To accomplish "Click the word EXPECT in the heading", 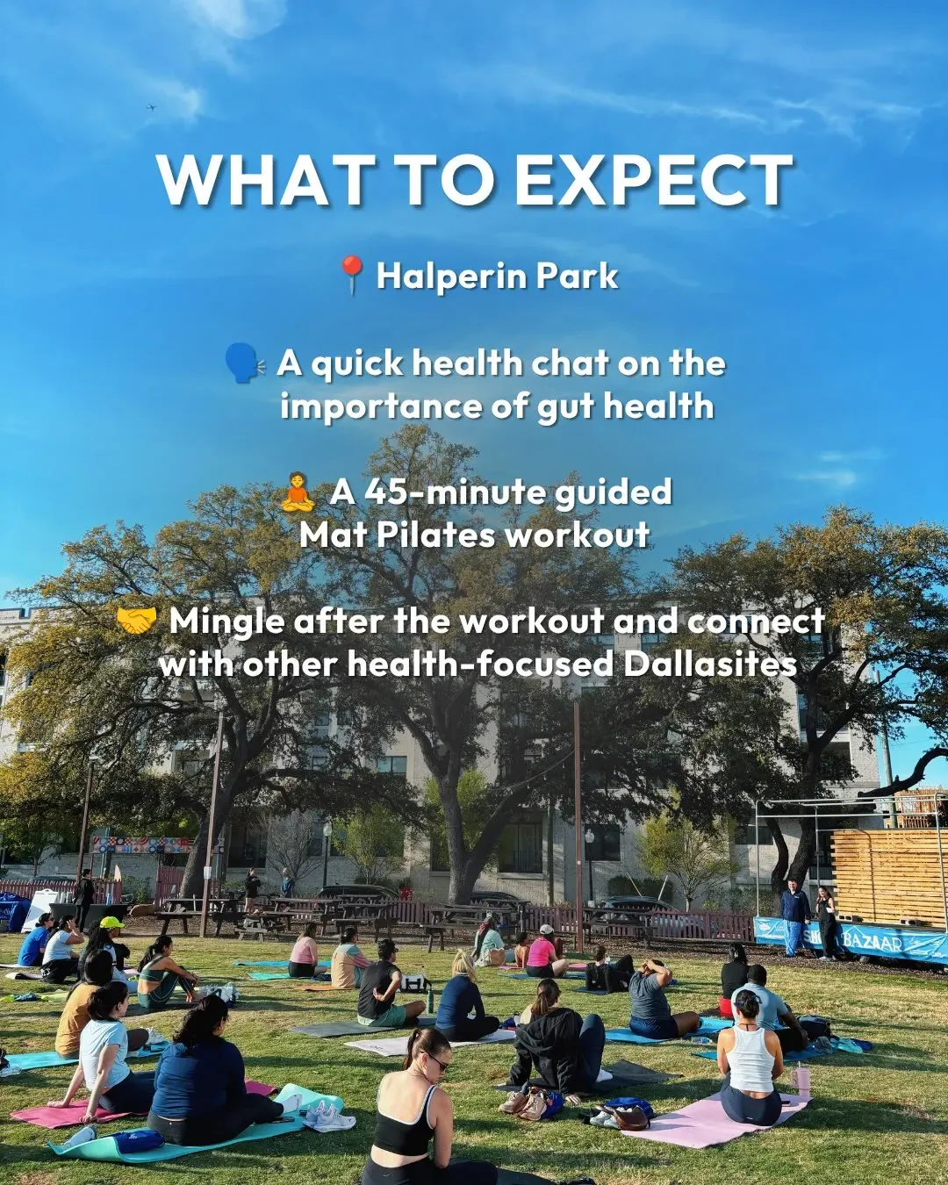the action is point(654,181).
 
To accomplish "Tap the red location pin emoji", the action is point(352,275).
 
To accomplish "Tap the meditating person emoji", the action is point(298,492).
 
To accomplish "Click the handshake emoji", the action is point(137,621).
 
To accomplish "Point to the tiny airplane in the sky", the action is point(152,107).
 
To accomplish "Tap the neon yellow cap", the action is point(111,922).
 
